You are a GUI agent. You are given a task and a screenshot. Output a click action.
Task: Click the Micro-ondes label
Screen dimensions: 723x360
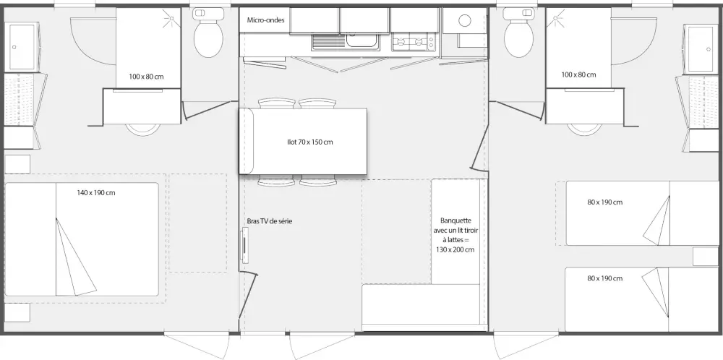click(x=265, y=20)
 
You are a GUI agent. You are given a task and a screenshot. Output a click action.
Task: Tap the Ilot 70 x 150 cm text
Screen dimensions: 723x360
click(x=309, y=142)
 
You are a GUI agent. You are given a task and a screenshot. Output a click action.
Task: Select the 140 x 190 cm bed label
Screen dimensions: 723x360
click(x=96, y=193)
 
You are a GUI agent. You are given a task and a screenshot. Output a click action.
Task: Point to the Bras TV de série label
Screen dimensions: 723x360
click(x=269, y=221)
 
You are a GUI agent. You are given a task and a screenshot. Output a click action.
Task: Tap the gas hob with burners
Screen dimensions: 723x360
click(x=413, y=43)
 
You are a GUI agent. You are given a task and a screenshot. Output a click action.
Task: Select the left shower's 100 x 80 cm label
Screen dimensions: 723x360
click(x=146, y=77)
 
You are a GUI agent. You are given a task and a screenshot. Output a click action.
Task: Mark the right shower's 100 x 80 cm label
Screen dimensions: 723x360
click(x=578, y=74)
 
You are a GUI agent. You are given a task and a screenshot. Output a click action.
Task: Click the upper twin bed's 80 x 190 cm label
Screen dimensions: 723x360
click(x=605, y=202)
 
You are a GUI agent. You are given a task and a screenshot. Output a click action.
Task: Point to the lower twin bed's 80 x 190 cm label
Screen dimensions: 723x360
click(x=605, y=278)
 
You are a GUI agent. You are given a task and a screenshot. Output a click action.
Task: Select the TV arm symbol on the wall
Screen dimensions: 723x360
click(x=245, y=247)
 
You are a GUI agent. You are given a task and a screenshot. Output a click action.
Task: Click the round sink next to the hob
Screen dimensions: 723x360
click(x=465, y=20)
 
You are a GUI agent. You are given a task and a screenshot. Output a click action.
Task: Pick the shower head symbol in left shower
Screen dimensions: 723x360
click(x=171, y=19)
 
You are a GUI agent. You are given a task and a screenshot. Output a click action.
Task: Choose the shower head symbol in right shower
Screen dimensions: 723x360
click(x=555, y=19)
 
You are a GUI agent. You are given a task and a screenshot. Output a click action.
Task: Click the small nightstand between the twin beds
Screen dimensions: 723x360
click(x=706, y=257)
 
